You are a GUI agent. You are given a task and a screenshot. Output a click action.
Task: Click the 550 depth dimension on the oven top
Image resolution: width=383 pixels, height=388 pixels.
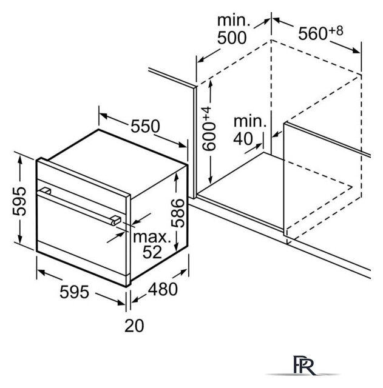pyautogui.click(x=146, y=127)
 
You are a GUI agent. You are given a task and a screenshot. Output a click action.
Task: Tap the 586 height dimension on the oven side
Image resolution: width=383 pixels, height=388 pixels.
pyautogui.click(x=178, y=213)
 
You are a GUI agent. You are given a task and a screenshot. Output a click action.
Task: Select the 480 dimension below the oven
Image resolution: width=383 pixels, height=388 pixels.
pyautogui.click(x=163, y=289)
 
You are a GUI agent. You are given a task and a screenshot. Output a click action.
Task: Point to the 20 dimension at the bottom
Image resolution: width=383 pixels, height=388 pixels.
pyautogui.click(x=134, y=326)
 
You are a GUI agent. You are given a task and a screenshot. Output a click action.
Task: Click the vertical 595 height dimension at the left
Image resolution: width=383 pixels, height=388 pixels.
pyautogui.click(x=19, y=201)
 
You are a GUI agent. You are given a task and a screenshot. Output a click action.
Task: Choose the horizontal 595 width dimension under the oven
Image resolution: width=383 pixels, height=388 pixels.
pyautogui.click(x=74, y=292)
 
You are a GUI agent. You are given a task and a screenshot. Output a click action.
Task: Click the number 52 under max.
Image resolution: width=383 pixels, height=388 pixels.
pyautogui.click(x=152, y=252)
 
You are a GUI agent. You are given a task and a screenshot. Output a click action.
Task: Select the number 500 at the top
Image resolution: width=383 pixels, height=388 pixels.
pyautogui.click(x=232, y=38)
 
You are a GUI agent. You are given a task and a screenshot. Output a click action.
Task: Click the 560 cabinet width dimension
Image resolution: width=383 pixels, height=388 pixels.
pyautogui.click(x=313, y=34)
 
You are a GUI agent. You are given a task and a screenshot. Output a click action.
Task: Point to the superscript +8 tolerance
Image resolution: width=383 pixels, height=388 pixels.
pyautogui.click(x=336, y=31)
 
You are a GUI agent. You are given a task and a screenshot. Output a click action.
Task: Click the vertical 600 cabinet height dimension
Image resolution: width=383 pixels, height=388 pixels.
pyautogui.click(x=209, y=136)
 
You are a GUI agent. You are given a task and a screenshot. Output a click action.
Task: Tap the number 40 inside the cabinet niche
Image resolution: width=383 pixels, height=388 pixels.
pyautogui.click(x=243, y=139)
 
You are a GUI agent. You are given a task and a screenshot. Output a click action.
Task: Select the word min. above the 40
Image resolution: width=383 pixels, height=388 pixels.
pyautogui.click(x=250, y=122)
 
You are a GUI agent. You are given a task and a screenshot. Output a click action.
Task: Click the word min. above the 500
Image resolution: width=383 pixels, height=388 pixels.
pyautogui.click(x=234, y=20)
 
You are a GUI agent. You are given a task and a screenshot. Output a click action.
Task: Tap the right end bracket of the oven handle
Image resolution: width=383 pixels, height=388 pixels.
pyautogui.click(x=116, y=220)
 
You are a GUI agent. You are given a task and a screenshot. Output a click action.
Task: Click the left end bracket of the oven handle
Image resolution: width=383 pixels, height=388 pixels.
pyautogui.click(x=46, y=191)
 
